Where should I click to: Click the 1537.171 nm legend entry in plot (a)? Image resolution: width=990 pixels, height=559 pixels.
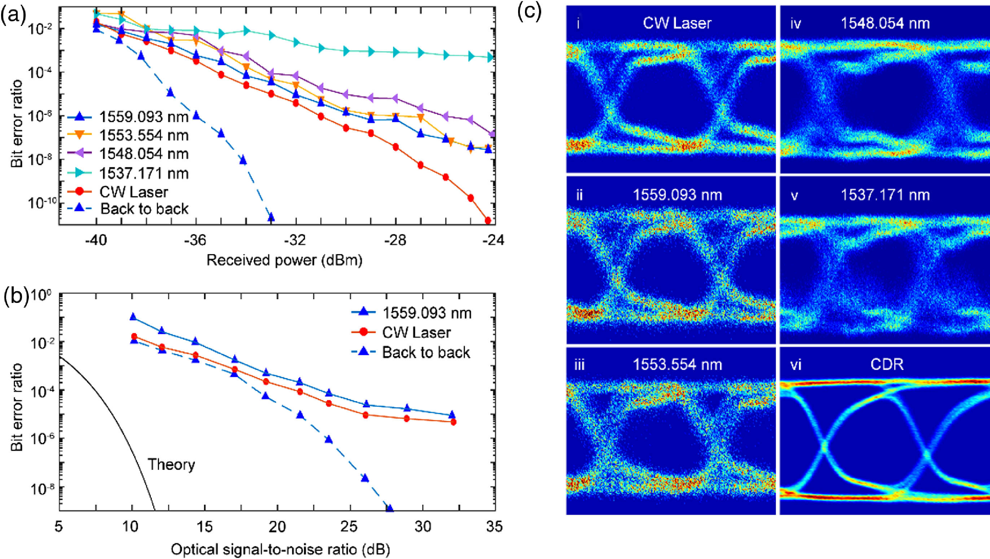144,173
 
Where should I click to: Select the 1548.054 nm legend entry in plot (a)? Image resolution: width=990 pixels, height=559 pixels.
144,154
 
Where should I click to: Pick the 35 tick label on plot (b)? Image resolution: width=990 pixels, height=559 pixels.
494,526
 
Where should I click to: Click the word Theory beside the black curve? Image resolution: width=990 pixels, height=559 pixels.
171,465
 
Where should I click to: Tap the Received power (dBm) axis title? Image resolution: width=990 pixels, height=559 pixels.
284,260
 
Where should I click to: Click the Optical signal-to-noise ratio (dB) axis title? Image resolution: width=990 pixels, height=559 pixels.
281,549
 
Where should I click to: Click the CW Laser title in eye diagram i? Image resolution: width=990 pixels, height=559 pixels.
677,23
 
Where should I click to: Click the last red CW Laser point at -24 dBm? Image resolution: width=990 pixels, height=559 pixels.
488,220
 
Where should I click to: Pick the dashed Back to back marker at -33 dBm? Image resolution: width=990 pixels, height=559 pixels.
271,217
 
